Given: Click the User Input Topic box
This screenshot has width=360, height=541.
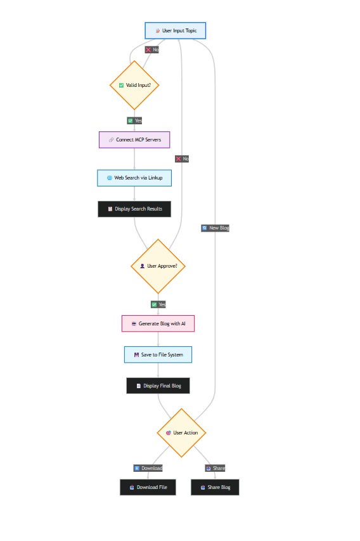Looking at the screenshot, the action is pos(175,30).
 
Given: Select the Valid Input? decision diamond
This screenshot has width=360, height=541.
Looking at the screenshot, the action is pos(134,85).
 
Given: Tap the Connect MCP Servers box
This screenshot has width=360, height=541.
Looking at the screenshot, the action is pos(134,140).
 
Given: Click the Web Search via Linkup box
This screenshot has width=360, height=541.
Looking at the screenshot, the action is pos(134,178).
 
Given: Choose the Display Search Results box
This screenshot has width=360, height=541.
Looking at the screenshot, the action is pos(134,209).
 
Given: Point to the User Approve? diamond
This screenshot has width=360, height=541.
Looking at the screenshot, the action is pos(158,266).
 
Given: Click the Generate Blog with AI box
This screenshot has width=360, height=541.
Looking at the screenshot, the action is pos(158,323).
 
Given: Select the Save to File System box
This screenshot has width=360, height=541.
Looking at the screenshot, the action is pos(158,355).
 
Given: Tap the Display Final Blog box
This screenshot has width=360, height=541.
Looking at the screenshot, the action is pos(158,386).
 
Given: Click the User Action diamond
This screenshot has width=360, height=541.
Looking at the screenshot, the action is pos(181,433).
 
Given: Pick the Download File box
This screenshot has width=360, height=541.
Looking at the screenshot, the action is pos(148,487).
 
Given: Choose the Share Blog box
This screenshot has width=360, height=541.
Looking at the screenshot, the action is pos(215,487).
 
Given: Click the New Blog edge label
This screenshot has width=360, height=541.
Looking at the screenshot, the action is pos(215,228).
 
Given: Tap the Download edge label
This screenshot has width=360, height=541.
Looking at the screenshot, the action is pos(148,468).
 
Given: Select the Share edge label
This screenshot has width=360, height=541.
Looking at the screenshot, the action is pos(215,468).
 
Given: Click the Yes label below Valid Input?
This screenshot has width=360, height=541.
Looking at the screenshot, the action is pos(134,121).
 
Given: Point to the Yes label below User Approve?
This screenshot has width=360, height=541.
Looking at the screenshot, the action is pos(158,304).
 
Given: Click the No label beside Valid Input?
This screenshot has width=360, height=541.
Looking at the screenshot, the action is pos(151,49).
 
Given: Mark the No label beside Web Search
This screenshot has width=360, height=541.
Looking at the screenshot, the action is pos(182,159).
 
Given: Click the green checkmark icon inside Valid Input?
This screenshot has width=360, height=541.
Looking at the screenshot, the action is pos(122,85).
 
